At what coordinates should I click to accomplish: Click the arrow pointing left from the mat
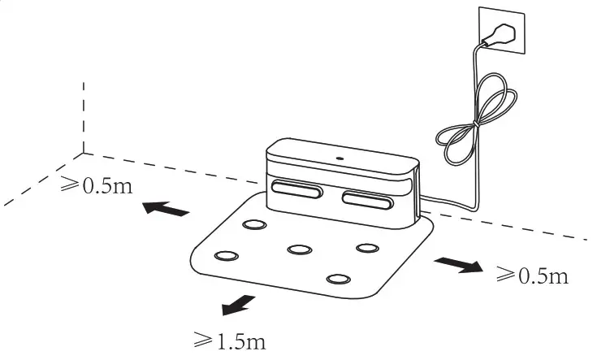click(x=166, y=209)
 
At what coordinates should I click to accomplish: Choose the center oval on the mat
click(x=301, y=249)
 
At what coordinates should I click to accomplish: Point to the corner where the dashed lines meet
click(x=84, y=152)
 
